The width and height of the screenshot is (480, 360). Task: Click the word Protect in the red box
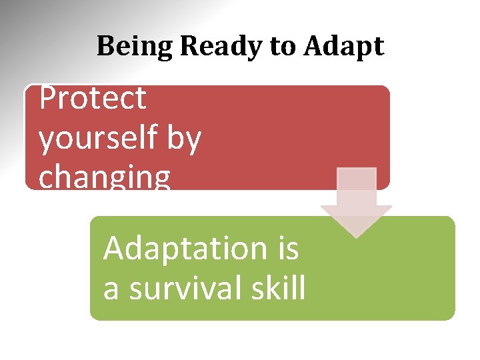tap(92, 99)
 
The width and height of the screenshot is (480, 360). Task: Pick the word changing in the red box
tap(105, 177)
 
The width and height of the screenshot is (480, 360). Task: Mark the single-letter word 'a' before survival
tap(111, 289)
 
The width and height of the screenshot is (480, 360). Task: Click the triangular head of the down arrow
tap(357, 220)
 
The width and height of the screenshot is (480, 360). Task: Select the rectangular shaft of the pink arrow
tap(357, 187)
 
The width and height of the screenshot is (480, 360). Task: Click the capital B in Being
tap(104, 47)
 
